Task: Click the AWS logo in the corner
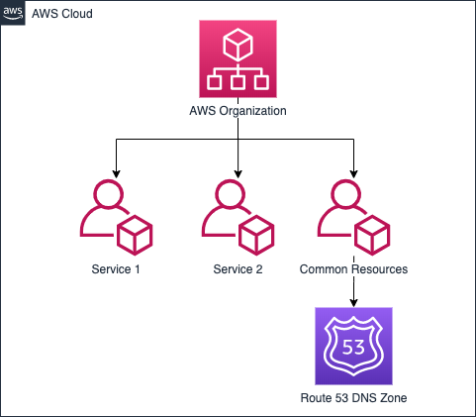tap(13, 13)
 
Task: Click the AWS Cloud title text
tap(62, 14)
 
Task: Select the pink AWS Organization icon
tap(238, 58)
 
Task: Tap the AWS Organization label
tap(238, 111)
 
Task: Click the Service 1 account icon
tap(116, 217)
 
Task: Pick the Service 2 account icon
tap(238, 217)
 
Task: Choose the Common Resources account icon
tap(353, 217)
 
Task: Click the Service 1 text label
tap(116, 269)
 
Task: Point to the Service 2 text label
tap(238, 269)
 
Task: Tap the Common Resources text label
tap(353, 269)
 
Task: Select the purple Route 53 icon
tap(353, 346)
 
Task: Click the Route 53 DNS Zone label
tap(353, 398)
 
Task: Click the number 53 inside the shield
tap(353, 347)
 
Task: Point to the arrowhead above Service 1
tap(116, 174)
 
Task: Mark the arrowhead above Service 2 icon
tap(238, 174)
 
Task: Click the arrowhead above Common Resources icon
tap(353, 174)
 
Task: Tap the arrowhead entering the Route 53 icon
tap(353, 303)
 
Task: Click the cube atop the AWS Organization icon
tap(238, 45)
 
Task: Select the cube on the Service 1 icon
tap(135, 235)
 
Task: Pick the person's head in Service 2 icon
tap(231, 194)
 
